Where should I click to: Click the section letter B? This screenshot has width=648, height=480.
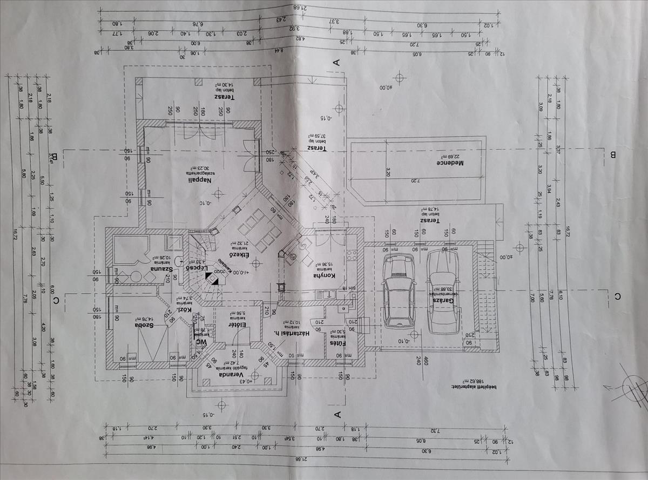pos(613,156)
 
